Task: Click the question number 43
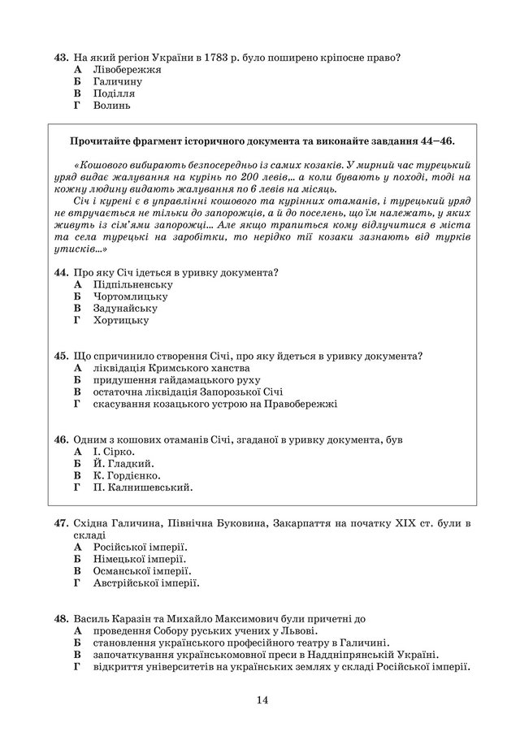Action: click(60, 57)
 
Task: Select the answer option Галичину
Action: click(118, 81)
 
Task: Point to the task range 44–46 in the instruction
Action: click(435, 141)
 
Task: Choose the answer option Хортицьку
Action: click(121, 320)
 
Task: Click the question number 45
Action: click(60, 356)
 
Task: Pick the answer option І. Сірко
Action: click(114, 452)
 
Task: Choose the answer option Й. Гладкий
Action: click(119, 463)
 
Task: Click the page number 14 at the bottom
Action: click(261, 701)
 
